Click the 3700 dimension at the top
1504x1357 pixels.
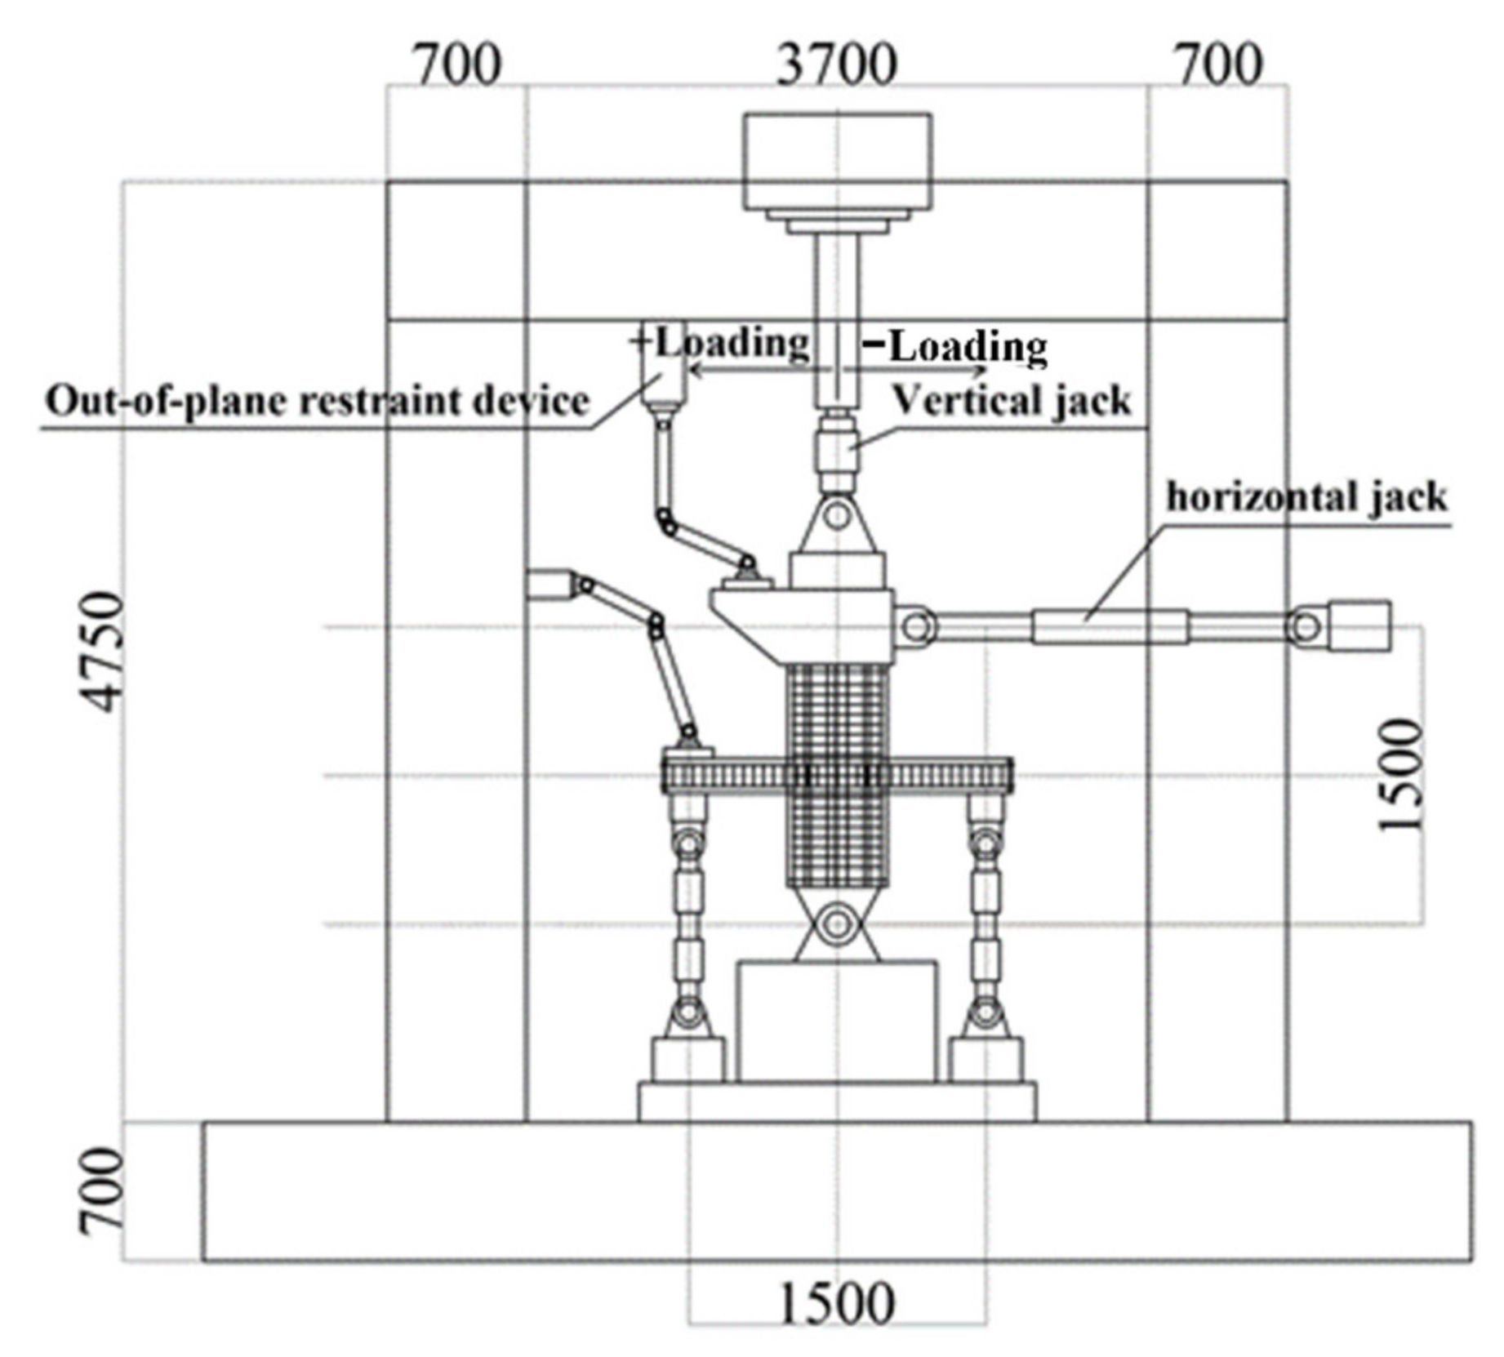(x=836, y=65)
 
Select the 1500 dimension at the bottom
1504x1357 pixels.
(x=837, y=1304)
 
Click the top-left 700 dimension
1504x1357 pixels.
(x=457, y=65)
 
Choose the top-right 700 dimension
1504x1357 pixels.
(x=1219, y=65)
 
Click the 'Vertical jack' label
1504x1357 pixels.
(x=1011, y=401)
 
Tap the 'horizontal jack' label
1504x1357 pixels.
(x=1306, y=496)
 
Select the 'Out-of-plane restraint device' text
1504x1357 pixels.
(x=317, y=402)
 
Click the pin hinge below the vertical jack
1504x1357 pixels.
(x=837, y=516)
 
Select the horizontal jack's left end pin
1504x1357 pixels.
(x=916, y=627)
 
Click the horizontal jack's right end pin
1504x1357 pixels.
(x=1306, y=627)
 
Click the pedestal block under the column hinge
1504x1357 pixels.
(x=837, y=1021)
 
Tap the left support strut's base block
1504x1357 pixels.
(x=687, y=1060)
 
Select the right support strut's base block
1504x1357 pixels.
(x=986, y=1060)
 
